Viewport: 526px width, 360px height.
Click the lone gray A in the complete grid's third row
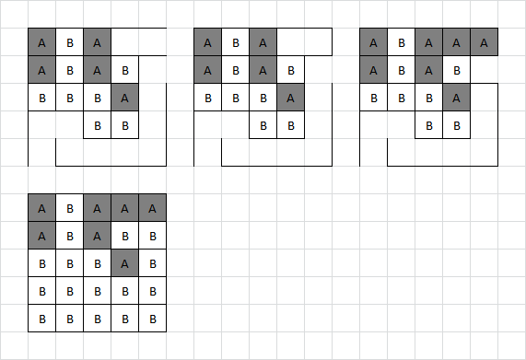124,263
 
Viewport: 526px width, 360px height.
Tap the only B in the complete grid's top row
69,208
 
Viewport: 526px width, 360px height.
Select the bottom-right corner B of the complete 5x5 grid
152,319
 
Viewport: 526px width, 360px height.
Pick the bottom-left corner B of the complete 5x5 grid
41,319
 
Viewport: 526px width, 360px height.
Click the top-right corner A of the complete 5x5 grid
152,208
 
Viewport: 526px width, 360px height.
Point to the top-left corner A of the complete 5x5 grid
41,208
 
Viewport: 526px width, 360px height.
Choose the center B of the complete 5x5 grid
97,263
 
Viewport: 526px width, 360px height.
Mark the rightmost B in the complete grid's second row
152,236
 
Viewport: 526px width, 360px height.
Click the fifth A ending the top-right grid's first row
484,42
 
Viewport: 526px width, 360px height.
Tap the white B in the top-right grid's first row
401,42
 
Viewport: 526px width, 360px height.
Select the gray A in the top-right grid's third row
456,98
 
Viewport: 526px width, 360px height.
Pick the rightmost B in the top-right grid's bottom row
456,125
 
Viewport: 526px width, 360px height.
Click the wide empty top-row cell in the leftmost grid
138,42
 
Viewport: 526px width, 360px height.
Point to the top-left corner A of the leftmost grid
41,42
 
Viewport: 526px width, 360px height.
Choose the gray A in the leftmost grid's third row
124,98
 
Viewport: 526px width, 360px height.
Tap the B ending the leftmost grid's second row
124,70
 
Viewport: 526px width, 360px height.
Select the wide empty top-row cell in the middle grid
304,42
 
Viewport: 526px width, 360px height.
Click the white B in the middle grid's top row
235,42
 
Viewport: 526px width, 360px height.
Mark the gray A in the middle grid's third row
290,98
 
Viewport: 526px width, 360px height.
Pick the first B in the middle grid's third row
207,98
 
